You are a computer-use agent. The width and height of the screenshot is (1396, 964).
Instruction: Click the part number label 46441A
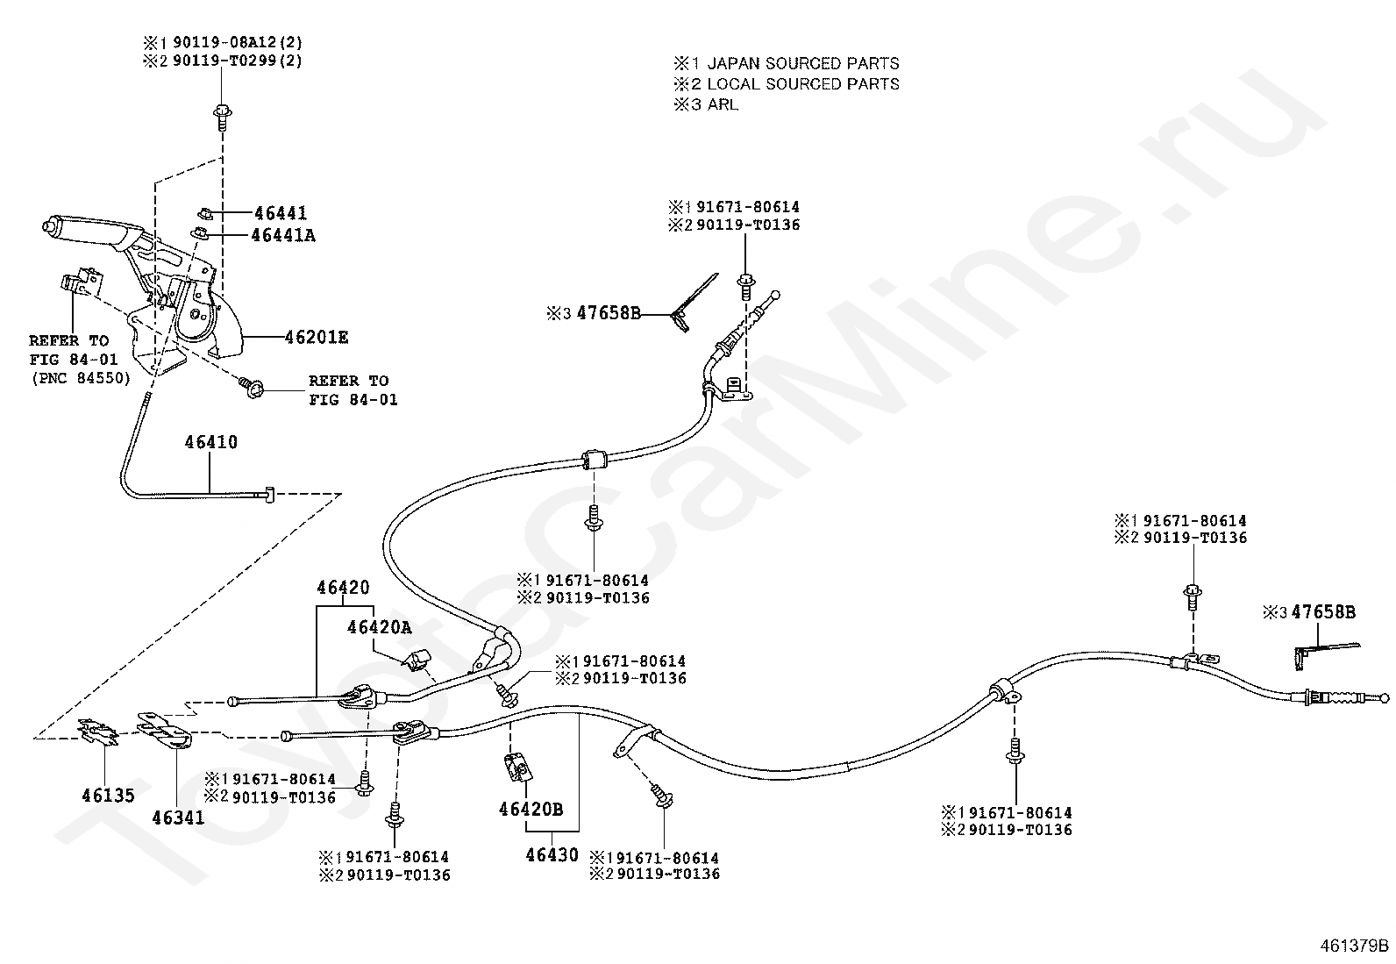(283, 235)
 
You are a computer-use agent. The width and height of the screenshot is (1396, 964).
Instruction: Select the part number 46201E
(316, 338)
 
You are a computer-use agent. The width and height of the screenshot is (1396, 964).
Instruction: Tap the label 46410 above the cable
(210, 442)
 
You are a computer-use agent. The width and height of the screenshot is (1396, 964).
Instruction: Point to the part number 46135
(108, 795)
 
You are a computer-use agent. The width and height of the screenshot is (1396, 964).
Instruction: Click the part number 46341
(178, 818)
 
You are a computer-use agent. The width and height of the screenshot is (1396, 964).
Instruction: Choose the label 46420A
(379, 627)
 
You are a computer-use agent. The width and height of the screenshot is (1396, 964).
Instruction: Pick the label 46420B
(531, 810)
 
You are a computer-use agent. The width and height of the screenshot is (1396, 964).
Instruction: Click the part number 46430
(552, 854)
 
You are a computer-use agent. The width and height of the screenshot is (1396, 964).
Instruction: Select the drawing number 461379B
(1354, 946)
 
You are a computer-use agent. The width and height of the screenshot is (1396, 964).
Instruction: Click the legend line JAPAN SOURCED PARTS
(803, 63)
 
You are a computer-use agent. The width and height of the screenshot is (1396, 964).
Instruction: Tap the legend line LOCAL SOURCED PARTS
(803, 83)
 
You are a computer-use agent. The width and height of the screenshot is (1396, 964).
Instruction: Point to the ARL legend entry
(723, 104)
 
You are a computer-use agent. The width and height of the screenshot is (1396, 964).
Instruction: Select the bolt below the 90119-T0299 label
(222, 118)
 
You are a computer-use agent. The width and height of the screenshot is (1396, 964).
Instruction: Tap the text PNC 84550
(81, 378)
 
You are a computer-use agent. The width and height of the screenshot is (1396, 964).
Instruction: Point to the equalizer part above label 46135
(98, 732)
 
